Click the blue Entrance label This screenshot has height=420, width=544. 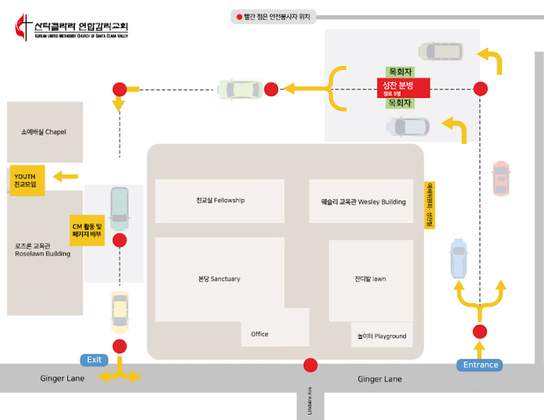click(480, 365)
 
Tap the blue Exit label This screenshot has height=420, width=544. click(94, 360)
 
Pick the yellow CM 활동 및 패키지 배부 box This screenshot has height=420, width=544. click(87, 230)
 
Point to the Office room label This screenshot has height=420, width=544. click(260, 334)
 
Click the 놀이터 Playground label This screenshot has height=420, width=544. click(381, 336)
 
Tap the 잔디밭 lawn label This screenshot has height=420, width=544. click(370, 279)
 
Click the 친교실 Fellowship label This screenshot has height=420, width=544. click(220, 200)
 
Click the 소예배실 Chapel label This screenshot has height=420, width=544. click(44, 132)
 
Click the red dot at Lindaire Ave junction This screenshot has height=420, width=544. click(311, 365)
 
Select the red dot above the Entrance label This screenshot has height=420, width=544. click(480, 332)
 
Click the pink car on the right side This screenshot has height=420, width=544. click(500, 178)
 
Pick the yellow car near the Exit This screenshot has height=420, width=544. click(120, 310)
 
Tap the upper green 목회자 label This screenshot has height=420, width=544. click(400, 71)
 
